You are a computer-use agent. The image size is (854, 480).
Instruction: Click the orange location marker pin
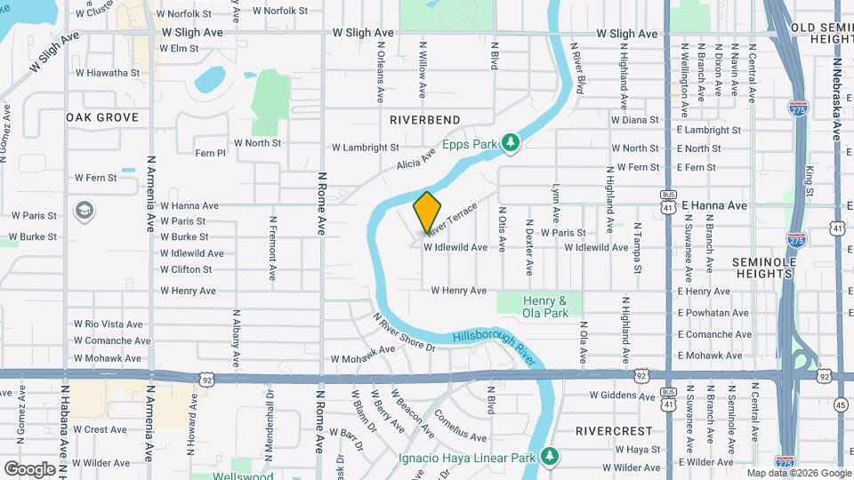point(427,212)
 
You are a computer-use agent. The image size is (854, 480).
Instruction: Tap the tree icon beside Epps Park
point(511,142)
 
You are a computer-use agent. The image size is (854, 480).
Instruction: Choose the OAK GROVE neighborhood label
point(102,117)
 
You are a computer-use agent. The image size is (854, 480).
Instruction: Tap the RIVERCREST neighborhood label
point(613,430)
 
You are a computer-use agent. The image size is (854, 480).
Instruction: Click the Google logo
point(29,469)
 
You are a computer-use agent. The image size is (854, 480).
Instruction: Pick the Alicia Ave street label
point(415,157)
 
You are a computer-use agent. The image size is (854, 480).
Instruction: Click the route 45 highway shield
point(842,405)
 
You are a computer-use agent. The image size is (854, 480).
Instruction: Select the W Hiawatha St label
point(107,73)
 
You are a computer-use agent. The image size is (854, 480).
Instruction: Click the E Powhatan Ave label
point(713,313)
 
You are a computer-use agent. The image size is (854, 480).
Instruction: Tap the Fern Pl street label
point(211,153)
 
